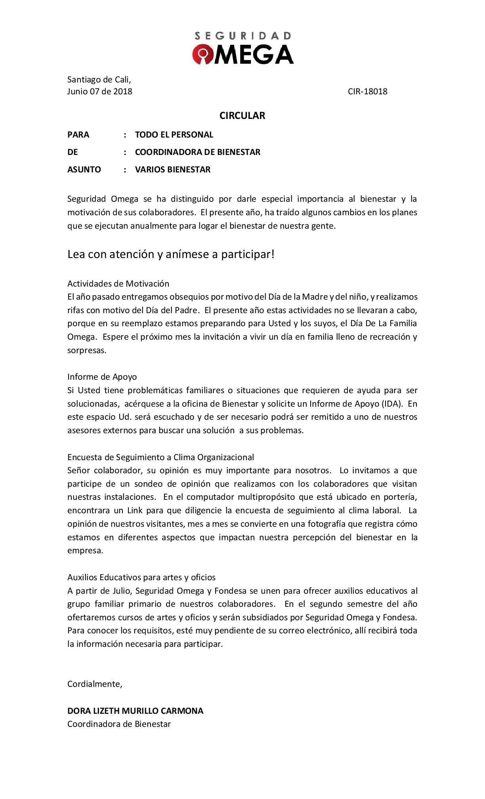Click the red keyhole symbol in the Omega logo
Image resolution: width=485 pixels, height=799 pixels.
pos(203,54)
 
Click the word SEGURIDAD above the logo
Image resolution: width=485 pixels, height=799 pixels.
pos(242,36)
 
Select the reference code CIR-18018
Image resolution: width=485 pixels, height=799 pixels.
pos(367,92)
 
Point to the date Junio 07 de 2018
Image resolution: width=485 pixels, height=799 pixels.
pos(99,92)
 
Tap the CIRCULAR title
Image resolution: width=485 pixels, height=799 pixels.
pos(242,116)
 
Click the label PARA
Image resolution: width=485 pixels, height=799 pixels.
pos(78,135)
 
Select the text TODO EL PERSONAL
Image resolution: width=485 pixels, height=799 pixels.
pos(174,135)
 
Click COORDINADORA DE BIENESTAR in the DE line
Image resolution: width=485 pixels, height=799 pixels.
pos(197,152)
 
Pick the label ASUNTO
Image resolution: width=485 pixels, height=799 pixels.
pos(84,170)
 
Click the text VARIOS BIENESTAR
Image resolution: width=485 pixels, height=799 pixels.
pos(172,170)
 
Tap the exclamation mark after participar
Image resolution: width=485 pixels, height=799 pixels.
pos(273,254)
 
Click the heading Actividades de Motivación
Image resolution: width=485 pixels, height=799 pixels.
pos(118,284)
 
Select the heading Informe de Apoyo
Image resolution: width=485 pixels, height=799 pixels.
pos(102,377)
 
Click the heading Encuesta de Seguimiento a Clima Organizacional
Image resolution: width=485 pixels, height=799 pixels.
pos(160,457)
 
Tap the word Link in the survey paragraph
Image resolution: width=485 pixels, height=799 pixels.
pos(135,510)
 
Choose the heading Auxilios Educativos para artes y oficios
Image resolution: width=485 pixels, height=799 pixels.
pos(141,577)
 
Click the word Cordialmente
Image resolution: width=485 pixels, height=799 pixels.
pos(94,684)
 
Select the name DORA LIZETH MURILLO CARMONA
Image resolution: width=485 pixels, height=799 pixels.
pos(135,711)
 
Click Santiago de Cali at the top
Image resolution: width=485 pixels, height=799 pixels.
pos(99,80)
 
